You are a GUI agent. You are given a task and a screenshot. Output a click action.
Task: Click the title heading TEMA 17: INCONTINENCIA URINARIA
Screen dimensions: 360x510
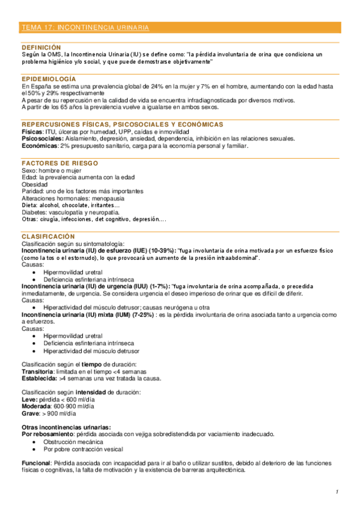tap(85, 28)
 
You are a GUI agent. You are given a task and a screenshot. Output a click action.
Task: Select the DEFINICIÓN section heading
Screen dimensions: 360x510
tap(41, 47)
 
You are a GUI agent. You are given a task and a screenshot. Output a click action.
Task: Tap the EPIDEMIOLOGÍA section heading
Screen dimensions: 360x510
tap(49, 79)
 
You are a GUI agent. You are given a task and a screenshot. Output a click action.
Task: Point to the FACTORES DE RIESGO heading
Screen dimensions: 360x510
tap(60, 164)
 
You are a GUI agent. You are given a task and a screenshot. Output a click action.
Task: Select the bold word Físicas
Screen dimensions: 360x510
tap(31, 132)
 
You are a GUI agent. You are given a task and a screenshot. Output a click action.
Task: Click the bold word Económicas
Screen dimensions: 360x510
tap(39, 146)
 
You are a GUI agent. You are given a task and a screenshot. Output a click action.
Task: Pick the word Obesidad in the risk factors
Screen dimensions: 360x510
tap(34, 184)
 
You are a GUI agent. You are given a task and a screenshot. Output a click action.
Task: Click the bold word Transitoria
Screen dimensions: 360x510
tap(38, 372)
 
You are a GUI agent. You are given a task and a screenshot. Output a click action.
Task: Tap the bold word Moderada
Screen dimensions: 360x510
tap(37, 407)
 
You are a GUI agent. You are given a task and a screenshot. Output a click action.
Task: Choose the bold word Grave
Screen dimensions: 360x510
tap(29, 414)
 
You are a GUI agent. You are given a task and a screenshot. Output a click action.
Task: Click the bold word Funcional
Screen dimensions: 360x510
tap(35, 463)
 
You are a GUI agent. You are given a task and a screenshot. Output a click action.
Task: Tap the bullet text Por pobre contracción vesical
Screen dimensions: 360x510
tap(83, 449)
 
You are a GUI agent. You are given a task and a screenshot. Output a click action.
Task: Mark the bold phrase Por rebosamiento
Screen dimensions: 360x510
tap(47, 434)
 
